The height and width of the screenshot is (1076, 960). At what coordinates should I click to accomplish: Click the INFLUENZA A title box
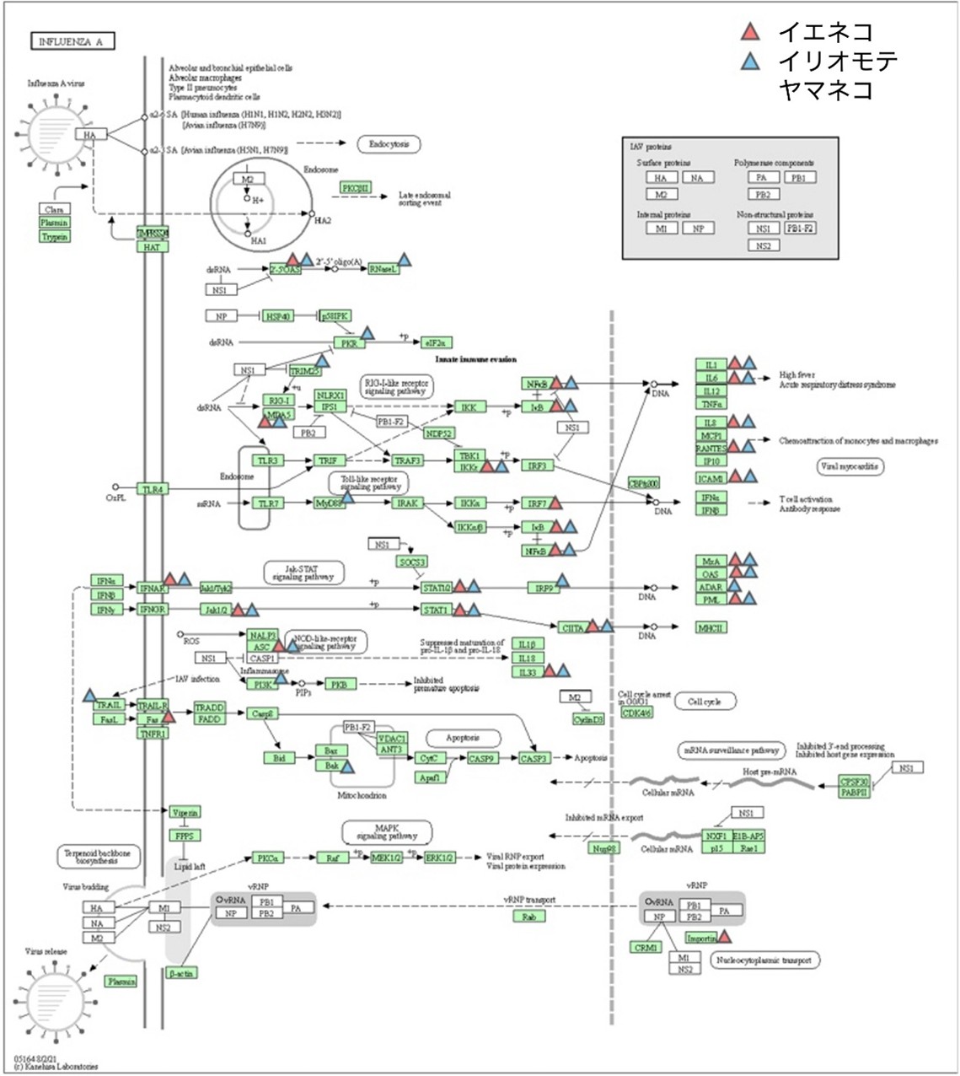click(71, 41)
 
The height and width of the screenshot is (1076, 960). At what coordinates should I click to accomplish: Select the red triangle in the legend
click(749, 33)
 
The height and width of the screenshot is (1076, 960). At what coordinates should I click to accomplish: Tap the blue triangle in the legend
click(749, 61)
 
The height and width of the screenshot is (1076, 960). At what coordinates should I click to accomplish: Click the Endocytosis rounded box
click(389, 145)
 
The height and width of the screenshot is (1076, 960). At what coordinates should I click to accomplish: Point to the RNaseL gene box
click(383, 269)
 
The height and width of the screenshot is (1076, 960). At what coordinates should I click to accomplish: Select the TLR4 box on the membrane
click(153, 489)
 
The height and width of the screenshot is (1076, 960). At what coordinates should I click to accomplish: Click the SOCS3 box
click(411, 562)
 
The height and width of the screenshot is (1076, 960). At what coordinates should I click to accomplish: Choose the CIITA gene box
click(572, 627)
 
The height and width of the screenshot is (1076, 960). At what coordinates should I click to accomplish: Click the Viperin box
click(185, 812)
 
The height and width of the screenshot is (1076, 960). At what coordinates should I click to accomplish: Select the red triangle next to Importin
click(723, 936)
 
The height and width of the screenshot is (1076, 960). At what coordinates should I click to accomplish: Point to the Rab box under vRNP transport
click(528, 917)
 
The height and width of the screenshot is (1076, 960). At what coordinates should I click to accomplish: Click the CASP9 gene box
click(481, 759)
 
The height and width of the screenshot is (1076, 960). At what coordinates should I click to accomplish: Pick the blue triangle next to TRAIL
click(90, 697)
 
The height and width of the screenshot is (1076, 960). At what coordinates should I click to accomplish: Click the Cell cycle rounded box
click(705, 702)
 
